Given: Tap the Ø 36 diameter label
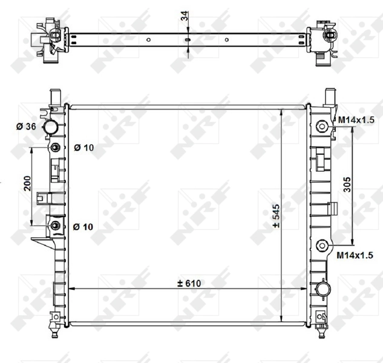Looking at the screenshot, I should pos(27,126).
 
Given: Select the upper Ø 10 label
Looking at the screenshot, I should pos(83,148).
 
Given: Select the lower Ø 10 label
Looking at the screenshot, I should pos(83,226).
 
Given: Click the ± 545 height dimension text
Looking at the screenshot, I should pos(276,216).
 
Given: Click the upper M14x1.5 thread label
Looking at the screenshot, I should pos(356,120).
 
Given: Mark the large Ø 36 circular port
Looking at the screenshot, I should pos(52,128).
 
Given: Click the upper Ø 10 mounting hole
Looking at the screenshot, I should pos(56,148).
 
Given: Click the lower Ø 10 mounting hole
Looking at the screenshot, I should pos(56,226).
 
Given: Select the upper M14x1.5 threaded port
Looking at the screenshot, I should pos(322,126).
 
